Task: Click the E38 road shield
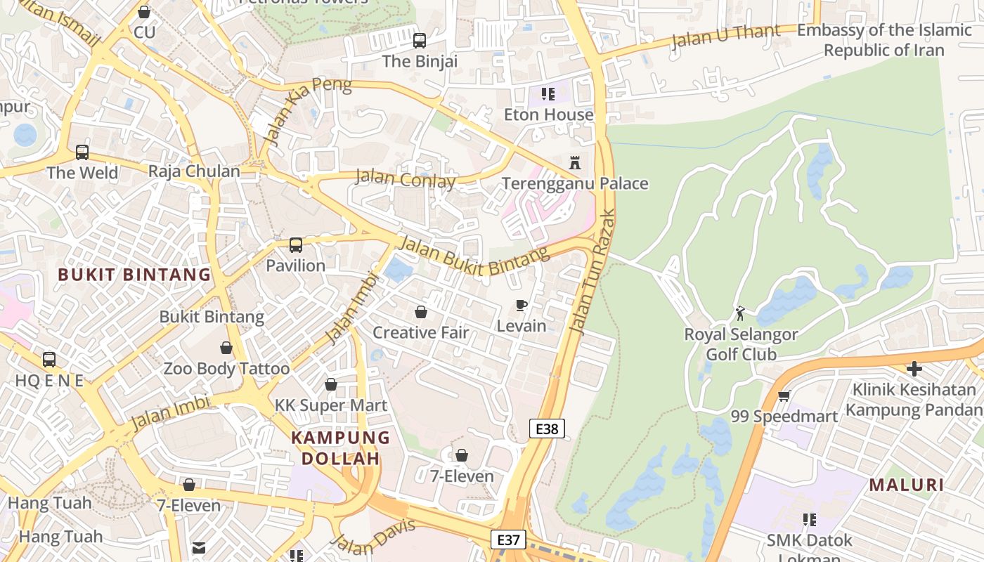[546, 428]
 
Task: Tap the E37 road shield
[507, 540]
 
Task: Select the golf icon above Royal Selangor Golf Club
[740, 313]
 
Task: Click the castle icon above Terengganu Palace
[575, 163]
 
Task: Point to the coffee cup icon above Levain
[521, 305]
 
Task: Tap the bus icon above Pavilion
[296, 245]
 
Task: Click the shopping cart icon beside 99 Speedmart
[784, 396]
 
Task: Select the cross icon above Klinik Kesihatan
[914, 368]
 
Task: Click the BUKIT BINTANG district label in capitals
[134, 275]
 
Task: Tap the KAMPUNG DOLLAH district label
[340, 447]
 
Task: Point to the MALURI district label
[907, 485]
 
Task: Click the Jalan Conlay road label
[405, 178]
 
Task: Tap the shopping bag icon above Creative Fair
[420, 312]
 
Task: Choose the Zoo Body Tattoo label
[226, 368]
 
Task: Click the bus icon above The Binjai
[420, 41]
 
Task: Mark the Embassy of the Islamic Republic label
[883, 40]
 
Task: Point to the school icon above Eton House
[548, 94]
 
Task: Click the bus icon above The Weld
[82, 152]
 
